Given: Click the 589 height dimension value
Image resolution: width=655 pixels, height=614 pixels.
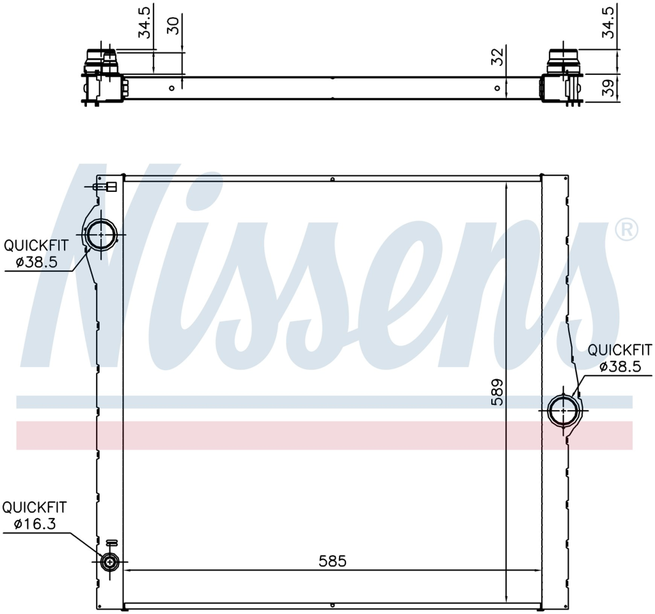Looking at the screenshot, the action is point(497,392).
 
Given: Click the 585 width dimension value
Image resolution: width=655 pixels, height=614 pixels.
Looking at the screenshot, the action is point(333,561).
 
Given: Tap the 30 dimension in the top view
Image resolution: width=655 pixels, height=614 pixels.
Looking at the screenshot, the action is point(173,26).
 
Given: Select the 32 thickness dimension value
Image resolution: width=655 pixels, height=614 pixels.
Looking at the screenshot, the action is point(497,57).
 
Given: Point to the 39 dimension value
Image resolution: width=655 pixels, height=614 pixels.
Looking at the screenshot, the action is point(609,88).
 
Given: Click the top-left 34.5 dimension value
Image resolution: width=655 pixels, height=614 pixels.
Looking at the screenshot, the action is point(145,22).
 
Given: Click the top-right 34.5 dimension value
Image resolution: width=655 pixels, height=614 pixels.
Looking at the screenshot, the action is point(608,22).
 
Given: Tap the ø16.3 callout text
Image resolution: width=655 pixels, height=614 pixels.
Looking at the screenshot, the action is point(35,524).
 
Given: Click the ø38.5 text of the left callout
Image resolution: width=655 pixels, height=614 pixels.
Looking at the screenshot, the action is point(36,262).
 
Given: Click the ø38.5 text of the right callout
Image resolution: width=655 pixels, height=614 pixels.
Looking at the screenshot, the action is point(620,366).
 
